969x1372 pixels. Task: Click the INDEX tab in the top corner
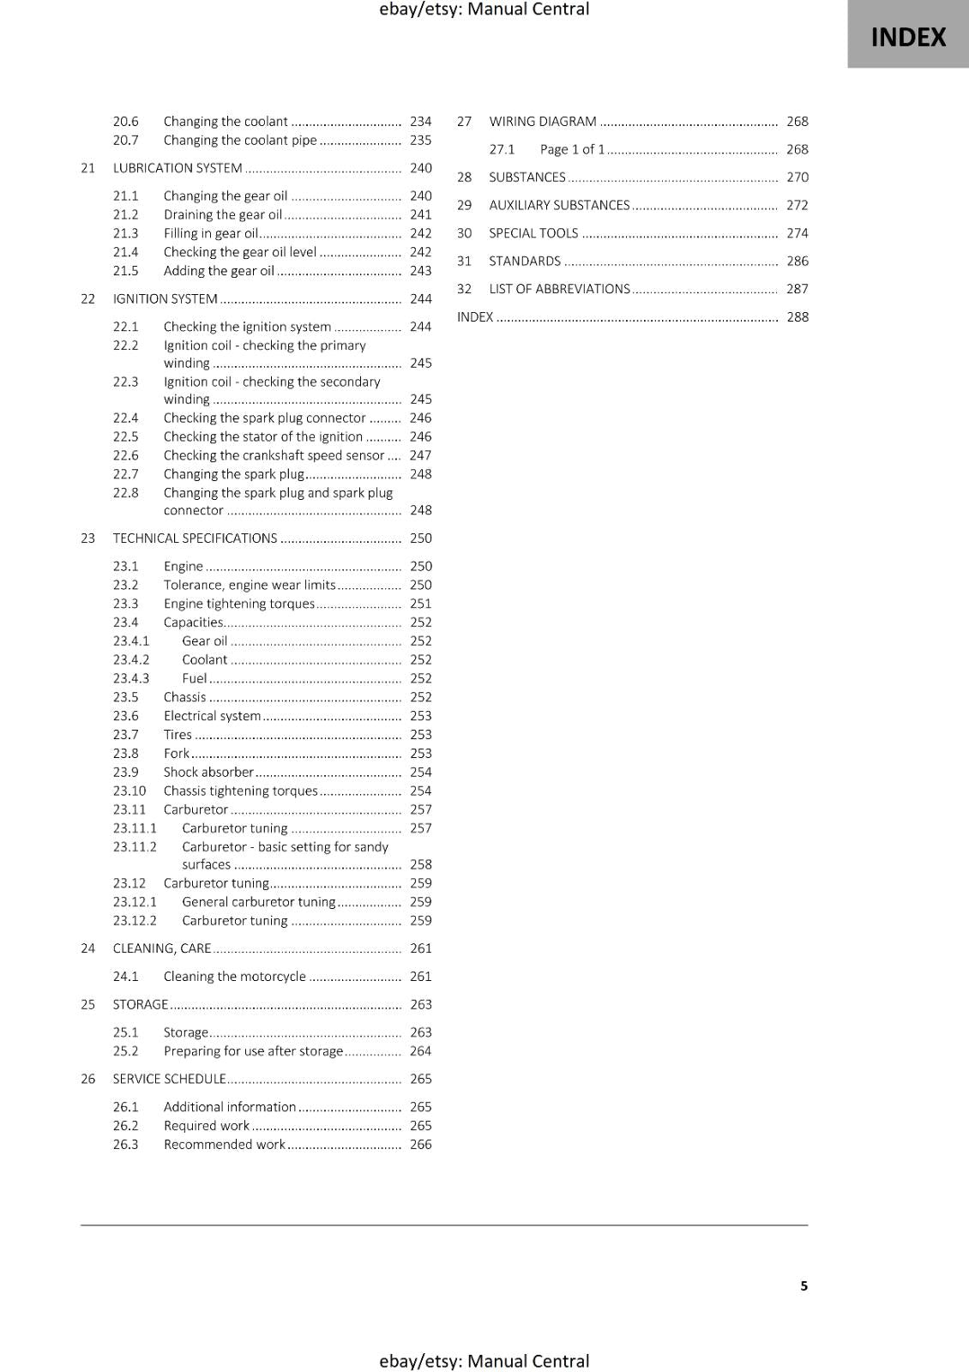pos(908,37)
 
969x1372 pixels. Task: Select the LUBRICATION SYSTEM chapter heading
pos(178,168)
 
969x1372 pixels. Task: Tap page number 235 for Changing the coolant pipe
pos(420,140)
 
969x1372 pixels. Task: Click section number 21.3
pos(125,233)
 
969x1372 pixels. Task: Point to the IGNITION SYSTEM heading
pos(166,298)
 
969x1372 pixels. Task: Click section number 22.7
pos(125,474)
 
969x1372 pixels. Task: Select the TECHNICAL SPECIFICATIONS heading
pos(196,539)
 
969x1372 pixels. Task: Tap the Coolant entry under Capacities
pos(205,659)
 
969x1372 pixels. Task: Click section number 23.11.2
pos(135,847)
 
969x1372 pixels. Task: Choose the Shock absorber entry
pos(208,772)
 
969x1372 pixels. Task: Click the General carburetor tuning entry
pos(259,902)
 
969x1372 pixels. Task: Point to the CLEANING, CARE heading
pos(162,948)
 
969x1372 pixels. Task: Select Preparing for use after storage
pos(253,1051)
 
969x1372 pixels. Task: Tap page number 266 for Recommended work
pos(420,1145)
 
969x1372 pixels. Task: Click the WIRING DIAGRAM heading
pos(543,122)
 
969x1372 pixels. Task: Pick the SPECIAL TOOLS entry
pos(533,233)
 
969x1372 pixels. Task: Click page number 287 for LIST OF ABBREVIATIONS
pos(797,289)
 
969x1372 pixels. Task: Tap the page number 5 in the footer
pos(803,1285)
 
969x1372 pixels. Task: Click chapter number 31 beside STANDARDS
pos(464,262)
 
